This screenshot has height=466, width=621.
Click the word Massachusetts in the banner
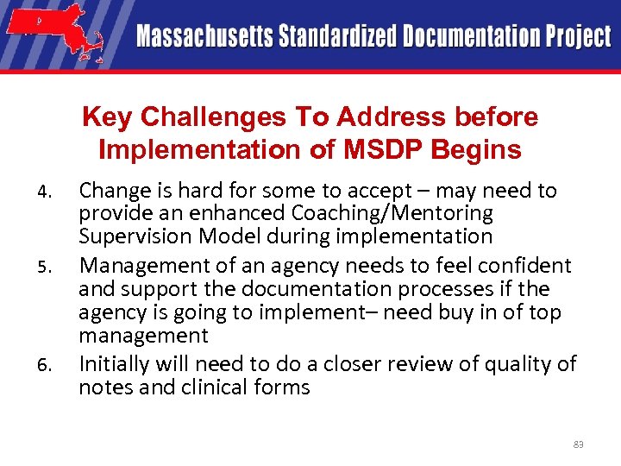204,37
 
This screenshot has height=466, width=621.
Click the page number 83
578,444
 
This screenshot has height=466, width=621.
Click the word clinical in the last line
214,387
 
